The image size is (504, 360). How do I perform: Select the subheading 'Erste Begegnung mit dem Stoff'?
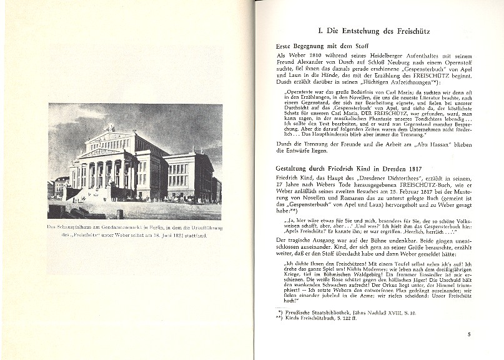click(322, 46)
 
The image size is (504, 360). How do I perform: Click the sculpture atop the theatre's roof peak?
click(111, 127)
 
